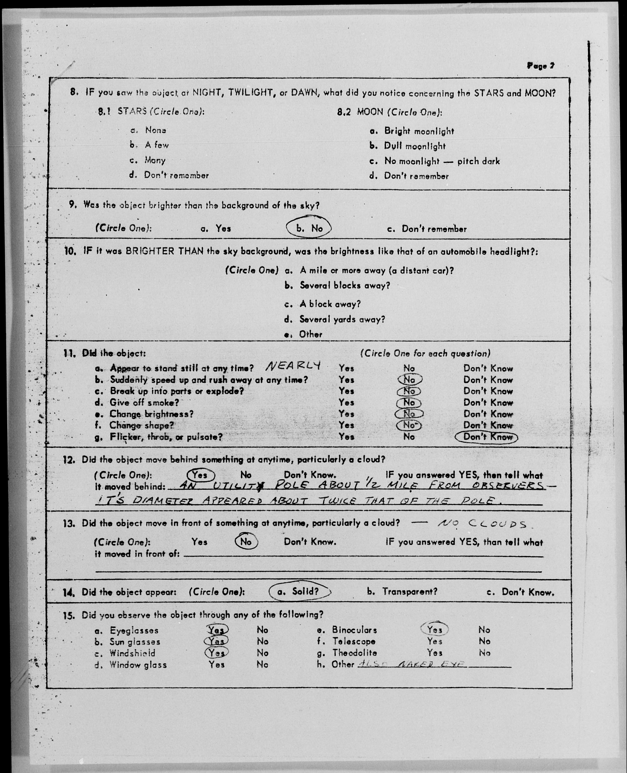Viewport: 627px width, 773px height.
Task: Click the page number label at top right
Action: [x=540, y=66]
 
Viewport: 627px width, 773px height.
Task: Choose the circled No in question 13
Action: [x=246, y=542]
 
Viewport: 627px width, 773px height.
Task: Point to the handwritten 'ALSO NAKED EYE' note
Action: [x=412, y=664]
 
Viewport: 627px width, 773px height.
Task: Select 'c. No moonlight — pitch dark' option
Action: [x=435, y=161]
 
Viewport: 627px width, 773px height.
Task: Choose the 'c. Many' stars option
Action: [x=148, y=160]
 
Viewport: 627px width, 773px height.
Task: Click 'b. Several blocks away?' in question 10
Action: [x=337, y=285]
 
